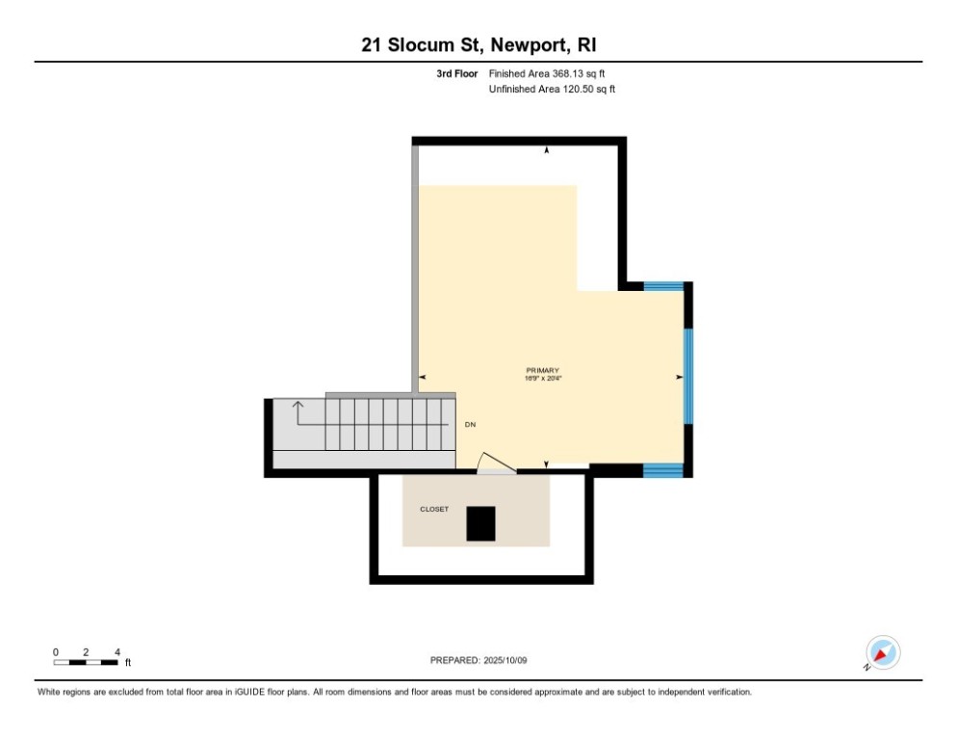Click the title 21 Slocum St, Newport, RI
pyautogui.click(x=478, y=45)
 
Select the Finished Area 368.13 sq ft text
pyautogui.click(x=546, y=73)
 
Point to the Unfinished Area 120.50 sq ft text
pyautogui.click(x=552, y=89)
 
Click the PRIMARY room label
pyautogui.click(x=542, y=371)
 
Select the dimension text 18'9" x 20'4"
pyautogui.click(x=542, y=380)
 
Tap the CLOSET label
pyautogui.click(x=433, y=509)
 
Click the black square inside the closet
pyautogui.click(x=480, y=523)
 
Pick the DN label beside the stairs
pyautogui.click(x=470, y=424)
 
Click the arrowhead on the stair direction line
pyautogui.click(x=298, y=405)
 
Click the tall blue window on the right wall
pyautogui.click(x=687, y=376)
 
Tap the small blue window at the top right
pyautogui.click(x=662, y=285)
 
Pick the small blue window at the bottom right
pyautogui.click(x=662, y=470)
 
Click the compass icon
pyautogui.click(x=882, y=653)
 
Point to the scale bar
pyautogui.click(x=86, y=662)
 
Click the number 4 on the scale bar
pyautogui.click(x=116, y=651)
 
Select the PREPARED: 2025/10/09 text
pyautogui.click(x=478, y=660)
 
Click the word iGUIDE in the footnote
pyautogui.click(x=245, y=692)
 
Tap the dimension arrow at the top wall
pyautogui.click(x=547, y=150)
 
